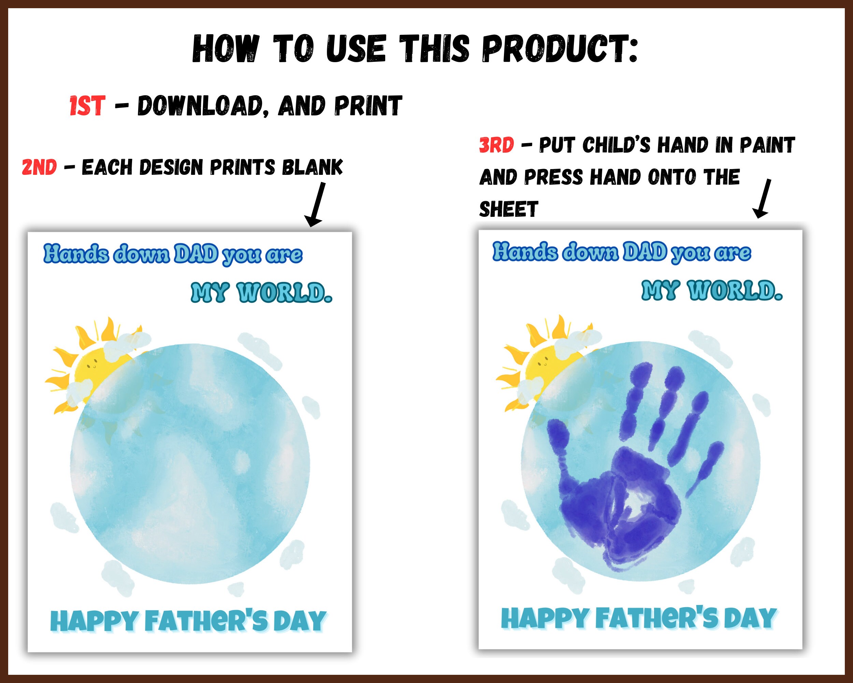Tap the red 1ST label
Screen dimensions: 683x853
click(87, 106)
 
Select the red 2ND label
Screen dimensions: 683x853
click(39, 167)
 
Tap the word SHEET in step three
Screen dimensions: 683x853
click(508, 209)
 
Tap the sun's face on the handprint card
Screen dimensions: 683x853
click(543, 361)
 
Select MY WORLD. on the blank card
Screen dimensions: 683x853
click(261, 293)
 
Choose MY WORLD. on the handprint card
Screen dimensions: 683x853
click(712, 291)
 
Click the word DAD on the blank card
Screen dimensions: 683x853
click(196, 254)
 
